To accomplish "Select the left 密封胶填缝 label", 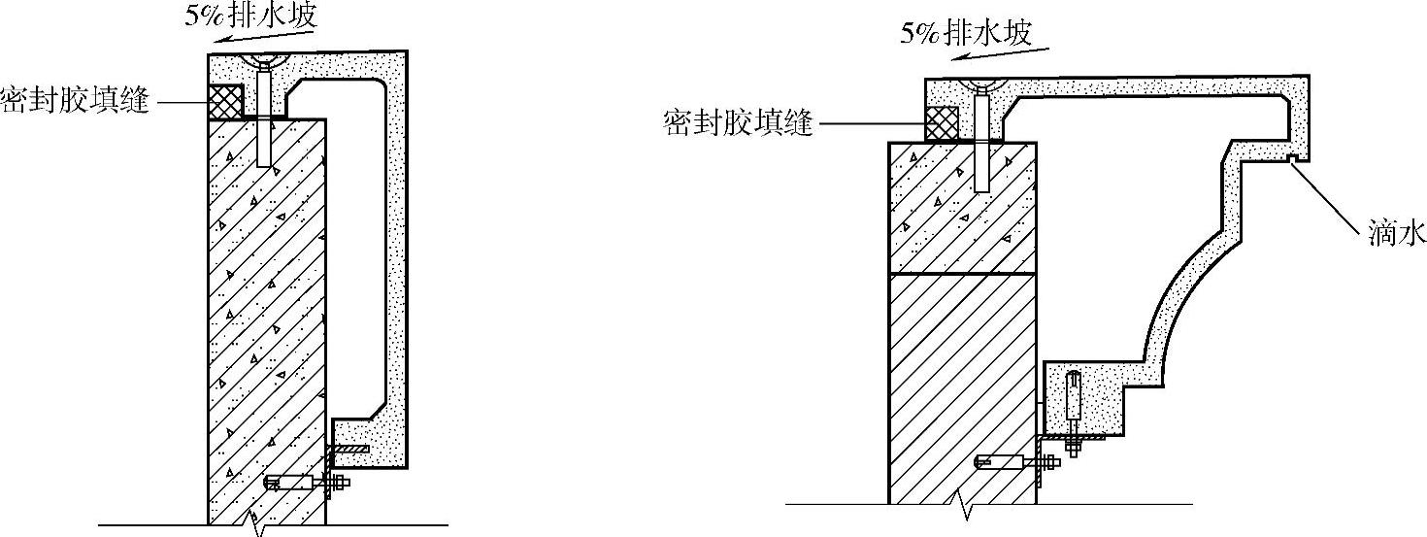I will [x=76, y=101].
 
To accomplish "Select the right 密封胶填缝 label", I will [x=739, y=123].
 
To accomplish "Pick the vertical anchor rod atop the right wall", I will [x=982, y=141].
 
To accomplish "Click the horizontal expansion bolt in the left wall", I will [x=306, y=482].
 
